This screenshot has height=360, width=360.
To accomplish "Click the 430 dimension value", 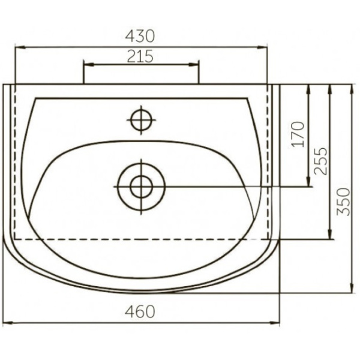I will click(140, 35).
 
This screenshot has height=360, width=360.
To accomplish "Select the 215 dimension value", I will click(140, 56).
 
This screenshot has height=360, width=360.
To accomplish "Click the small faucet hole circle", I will click(141, 119).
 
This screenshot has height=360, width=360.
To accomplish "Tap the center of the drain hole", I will click(141, 186).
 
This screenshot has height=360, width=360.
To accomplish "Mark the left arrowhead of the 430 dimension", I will click(17, 46).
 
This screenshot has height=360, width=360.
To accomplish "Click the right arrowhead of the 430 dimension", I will click(265, 46).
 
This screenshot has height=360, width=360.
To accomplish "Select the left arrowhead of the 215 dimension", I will click(86, 64).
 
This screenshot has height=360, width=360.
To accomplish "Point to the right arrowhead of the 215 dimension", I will click(196, 64).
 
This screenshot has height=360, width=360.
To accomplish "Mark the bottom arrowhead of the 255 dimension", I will click(329, 236).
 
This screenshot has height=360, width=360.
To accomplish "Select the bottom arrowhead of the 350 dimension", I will click(351, 291).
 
